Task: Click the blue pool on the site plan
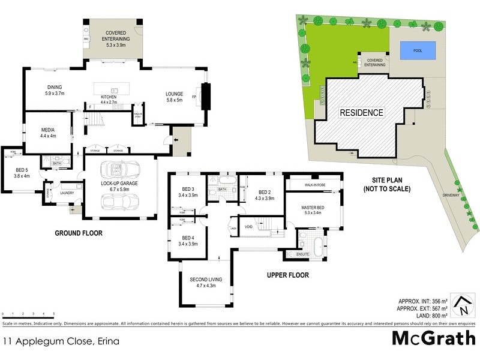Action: pos(418,51)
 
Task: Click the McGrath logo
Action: pos(434,338)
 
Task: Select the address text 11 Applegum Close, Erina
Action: pos(61,341)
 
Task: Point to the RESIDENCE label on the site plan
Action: pos(361,113)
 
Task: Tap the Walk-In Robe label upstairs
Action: pos(314,185)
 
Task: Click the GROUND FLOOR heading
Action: pos(79,233)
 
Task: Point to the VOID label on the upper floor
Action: pos(248,227)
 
